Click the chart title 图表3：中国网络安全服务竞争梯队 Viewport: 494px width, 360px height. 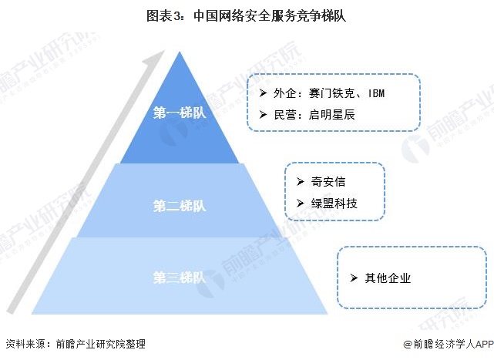pos(247,16)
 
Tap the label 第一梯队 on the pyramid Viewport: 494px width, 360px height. pos(180,113)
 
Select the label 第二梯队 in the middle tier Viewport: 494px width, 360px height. pos(180,206)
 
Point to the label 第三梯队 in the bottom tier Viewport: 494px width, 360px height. pos(180,278)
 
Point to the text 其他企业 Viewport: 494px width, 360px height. pos(388,278)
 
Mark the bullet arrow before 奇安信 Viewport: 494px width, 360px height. pos(300,182)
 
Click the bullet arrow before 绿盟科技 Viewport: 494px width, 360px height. pos(300,204)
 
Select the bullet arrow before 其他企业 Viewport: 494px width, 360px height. pos(353,278)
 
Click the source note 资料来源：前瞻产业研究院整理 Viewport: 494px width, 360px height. pos(75,345)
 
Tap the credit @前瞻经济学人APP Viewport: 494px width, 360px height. pos(446,345)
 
